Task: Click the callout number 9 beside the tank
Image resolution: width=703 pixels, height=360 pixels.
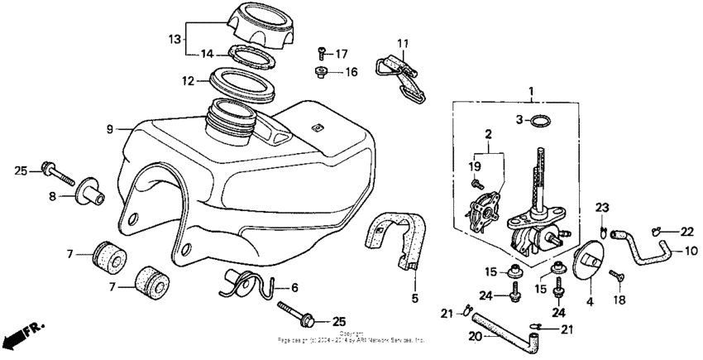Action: point(109,129)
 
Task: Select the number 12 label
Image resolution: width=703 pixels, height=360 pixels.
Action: point(188,81)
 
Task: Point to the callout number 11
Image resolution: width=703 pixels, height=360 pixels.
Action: point(402,44)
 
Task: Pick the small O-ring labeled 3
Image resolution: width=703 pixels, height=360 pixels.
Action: point(539,121)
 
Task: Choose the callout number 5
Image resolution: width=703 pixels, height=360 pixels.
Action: point(415,297)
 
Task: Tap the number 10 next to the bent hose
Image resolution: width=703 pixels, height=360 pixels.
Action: point(691,249)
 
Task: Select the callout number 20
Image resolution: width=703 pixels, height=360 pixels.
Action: point(474,336)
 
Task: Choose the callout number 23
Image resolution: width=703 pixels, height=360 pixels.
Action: point(602,208)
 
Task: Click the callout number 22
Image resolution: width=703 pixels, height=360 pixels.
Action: point(686,232)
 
